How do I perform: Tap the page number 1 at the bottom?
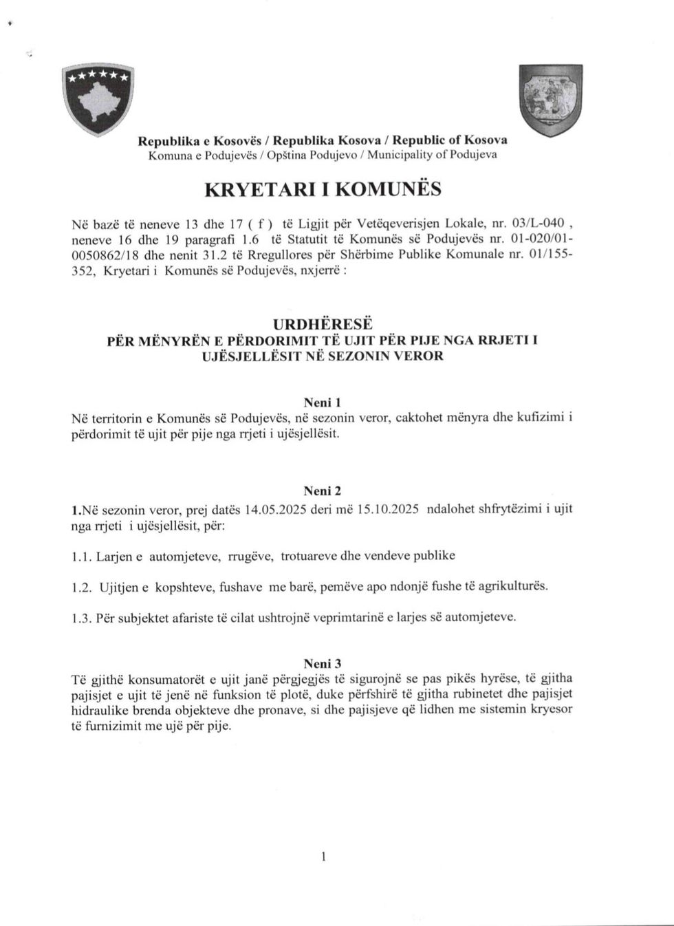323,857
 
